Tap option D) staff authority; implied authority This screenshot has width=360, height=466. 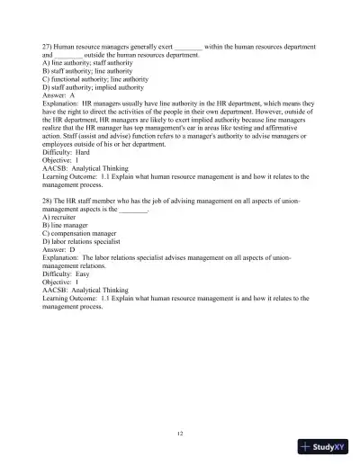point(93,86)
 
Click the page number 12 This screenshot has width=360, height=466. point(180,434)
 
